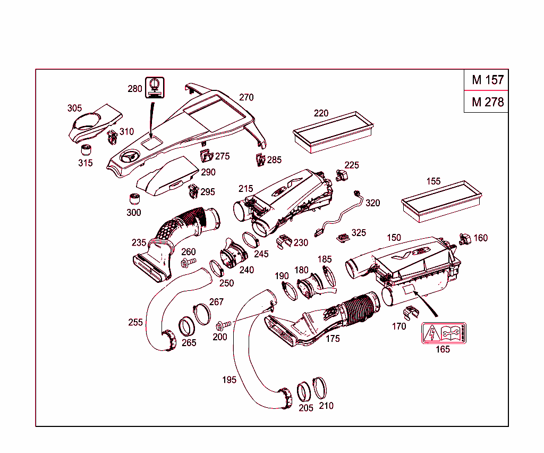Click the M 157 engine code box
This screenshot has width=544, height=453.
[x=487, y=80]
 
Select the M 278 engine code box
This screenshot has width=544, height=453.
[x=487, y=102]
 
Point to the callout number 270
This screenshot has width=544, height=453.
[x=246, y=97]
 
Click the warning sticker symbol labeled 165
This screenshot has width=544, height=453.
[x=443, y=333]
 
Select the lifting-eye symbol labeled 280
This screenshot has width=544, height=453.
[x=155, y=86]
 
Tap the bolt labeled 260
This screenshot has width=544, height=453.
[x=188, y=262]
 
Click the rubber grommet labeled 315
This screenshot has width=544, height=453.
[x=85, y=149]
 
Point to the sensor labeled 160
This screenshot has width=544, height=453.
[x=464, y=239]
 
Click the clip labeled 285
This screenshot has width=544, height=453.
[x=259, y=159]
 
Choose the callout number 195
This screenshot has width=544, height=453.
[x=229, y=380]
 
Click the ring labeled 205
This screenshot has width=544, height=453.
[x=305, y=392]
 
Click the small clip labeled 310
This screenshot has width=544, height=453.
[x=113, y=137]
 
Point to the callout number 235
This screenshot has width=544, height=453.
[x=139, y=242]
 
